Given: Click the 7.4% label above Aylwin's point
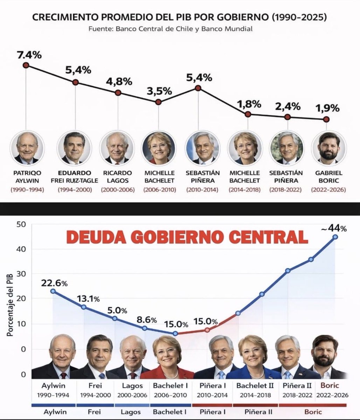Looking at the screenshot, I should click(x=29, y=55).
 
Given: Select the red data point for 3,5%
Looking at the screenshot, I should click(x=158, y=102).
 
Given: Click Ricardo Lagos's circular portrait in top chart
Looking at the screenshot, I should click(x=117, y=148).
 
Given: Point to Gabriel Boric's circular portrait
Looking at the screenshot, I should click(x=329, y=148).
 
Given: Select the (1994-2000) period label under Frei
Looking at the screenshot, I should click(x=75, y=190).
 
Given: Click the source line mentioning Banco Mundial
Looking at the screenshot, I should click(x=170, y=29).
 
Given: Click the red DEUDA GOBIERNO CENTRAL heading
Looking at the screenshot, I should click(x=187, y=237).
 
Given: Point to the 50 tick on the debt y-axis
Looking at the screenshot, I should click(x=22, y=224).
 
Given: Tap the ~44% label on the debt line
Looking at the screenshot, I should click(x=334, y=229).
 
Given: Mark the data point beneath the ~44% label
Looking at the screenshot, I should click(x=335, y=237).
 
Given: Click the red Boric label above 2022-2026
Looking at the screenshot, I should click(x=330, y=386).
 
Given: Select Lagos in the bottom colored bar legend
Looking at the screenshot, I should click(x=131, y=412).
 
